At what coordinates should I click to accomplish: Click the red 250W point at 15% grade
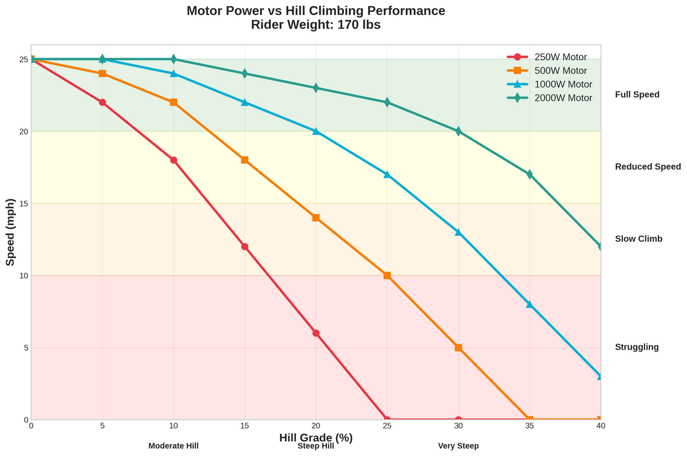pyautogui.click(x=244, y=247)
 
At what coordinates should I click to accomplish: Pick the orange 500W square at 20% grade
pyautogui.click(x=316, y=218)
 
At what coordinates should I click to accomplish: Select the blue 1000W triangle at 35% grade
pyautogui.click(x=530, y=304)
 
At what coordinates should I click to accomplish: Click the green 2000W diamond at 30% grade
pyautogui.click(x=458, y=131)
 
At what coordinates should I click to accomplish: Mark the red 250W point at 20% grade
pyautogui.click(x=316, y=333)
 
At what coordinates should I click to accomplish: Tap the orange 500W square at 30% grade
pyautogui.click(x=458, y=347)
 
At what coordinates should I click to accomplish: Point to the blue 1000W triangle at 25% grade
pyautogui.click(x=387, y=175)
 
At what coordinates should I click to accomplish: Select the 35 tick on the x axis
pyautogui.click(x=530, y=426)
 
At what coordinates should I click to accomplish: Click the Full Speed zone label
pyautogui.click(x=637, y=94)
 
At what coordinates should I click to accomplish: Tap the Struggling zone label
pyautogui.click(x=637, y=347)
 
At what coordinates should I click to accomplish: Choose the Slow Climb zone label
pyautogui.click(x=638, y=239)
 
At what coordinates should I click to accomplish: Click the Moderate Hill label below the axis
pyautogui.click(x=173, y=446)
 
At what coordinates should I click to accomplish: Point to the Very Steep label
pyautogui.click(x=458, y=446)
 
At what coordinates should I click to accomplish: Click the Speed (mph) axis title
pyautogui.click(x=10, y=232)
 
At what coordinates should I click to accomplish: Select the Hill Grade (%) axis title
pyautogui.click(x=316, y=438)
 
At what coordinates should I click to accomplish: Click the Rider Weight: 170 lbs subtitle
pyautogui.click(x=316, y=25)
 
